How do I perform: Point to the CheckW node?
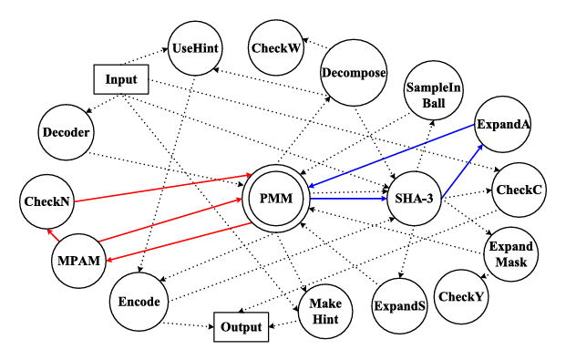click(275, 48)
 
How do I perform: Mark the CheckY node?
click(461, 296)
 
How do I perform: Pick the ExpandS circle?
click(399, 306)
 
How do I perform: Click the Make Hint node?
click(324, 311)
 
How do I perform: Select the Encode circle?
click(139, 302)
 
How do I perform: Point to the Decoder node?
click(67, 133)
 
